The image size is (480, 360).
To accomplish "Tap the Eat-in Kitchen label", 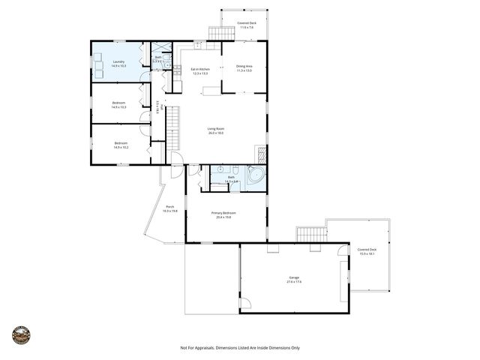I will click(x=199, y=71).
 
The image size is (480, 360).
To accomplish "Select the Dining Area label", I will click(x=244, y=68).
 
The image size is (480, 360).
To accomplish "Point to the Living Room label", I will click(x=216, y=130).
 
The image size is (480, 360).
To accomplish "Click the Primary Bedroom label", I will click(x=223, y=215).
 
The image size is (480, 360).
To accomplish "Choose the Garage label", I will click(x=294, y=280).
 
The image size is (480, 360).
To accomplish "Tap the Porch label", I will click(x=170, y=209).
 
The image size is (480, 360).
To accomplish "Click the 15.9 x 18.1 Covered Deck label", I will click(x=367, y=252).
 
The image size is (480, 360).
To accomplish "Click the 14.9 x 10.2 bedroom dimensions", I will click(x=121, y=148).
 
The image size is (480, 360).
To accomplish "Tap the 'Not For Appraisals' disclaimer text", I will click(x=240, y=348).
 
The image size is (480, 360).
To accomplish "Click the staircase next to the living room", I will click(x=173, y=127).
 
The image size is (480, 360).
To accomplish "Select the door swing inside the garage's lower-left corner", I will click(x=245, y=306).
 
